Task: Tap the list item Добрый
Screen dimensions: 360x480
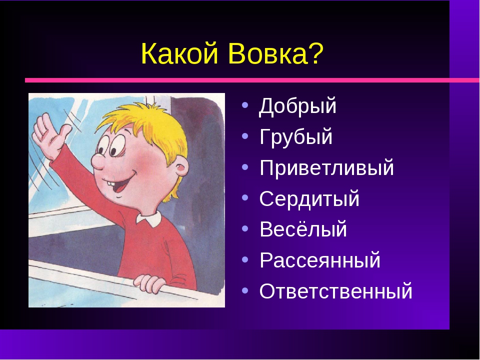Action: coord(298,107)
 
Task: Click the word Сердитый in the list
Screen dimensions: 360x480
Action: coord(309,199)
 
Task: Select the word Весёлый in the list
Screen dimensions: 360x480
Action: coord(303,230)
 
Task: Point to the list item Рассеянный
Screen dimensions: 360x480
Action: coord(320,260)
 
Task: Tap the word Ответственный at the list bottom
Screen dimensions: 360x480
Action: coord(336,291)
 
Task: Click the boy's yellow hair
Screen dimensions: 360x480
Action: coord(142,122)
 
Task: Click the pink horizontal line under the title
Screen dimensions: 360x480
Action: coord(250,80)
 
